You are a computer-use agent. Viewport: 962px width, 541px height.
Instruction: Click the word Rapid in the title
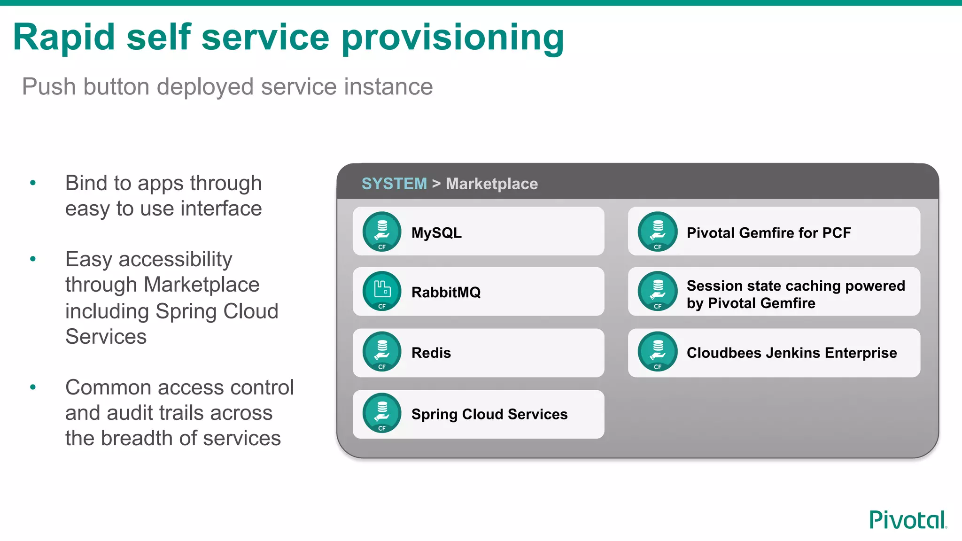click(x=64, y=38)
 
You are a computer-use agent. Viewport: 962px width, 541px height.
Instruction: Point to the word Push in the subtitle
click(x=49, y=87)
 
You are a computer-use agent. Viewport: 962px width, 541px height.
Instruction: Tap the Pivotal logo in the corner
click(x=908, y=520)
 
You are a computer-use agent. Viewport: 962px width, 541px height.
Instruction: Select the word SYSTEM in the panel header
click(x=394, y=184)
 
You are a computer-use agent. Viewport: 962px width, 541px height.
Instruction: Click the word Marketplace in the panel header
click(x=492, y=184)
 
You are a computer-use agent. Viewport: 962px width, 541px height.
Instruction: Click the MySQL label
click(x=436, y=233)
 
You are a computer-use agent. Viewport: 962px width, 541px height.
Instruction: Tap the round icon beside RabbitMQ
click(x=382, y=291)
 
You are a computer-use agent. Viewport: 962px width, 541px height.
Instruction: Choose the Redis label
click(x=431, y=353)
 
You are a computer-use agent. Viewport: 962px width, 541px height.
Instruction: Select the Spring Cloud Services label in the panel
click(x=489, y=414)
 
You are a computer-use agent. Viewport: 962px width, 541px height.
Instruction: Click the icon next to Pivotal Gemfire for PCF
click(x=658, y=232)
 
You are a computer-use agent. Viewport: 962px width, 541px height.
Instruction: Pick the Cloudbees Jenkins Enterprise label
click(x=791, y=353)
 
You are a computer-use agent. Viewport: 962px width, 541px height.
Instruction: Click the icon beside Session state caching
click(x=658, y=291)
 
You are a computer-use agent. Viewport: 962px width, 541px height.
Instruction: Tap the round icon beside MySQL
click(x=382, y=232)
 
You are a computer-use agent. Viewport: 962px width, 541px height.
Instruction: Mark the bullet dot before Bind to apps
click(x=33, y=183)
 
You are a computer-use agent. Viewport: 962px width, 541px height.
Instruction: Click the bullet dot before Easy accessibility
click(x=33, y=259)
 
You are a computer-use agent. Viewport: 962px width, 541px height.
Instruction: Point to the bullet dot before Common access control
click(x=33, y=387)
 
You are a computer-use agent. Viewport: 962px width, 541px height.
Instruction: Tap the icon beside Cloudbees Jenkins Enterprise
click(x=658, y=352)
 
